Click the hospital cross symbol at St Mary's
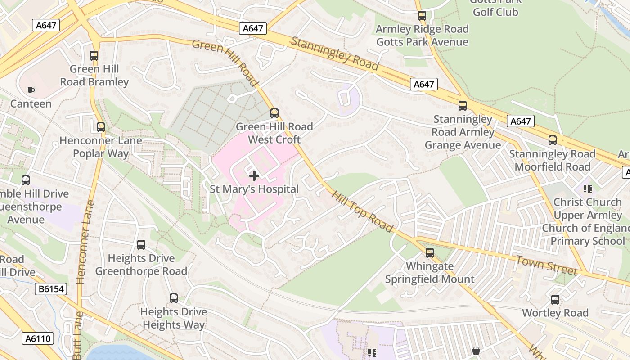click(x=254, y=176)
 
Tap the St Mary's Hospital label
click(x=254, y=189)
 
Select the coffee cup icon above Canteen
click(x=31, y=90)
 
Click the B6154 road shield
click(x=51, y=289)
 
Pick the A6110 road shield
click(x=38, y=338)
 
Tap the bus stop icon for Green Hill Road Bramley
click(x=94, y=56)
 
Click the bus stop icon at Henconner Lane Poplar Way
click(x=101, y=127)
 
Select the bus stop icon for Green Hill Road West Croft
click(x=274, y=113)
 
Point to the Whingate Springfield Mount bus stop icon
click(x=430, y=253)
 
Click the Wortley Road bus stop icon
click(x=555, y=300)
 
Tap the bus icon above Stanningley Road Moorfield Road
click(x=553, y=140)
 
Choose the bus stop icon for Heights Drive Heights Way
click(x=174, y=298)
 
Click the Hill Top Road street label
click(x=363, y=211)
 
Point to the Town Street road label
click(x=546, y=265)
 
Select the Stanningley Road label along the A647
click(x=335, y=54)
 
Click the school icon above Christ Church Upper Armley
click(x=587, y=189)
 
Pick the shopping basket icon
click(x=476, y=350)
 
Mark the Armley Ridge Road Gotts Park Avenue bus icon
click(x=422, y=16)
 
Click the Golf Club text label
click(x=495, y=12)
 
